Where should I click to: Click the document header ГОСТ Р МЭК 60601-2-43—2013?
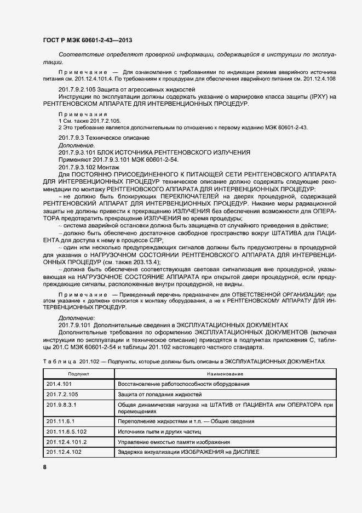pos(87,41)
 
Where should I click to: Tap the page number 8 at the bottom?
pos(44,467)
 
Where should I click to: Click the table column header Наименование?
pos(225,373)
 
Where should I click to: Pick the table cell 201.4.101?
pos(61,384)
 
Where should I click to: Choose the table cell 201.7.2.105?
pos(64,395)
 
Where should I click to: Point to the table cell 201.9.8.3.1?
pos(64,405)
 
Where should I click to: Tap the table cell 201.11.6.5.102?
pos(67,432)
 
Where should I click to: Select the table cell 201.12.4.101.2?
pos(67,442)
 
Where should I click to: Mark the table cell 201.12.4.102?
pos(64,452)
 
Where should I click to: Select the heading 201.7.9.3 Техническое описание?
pos(104,137)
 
